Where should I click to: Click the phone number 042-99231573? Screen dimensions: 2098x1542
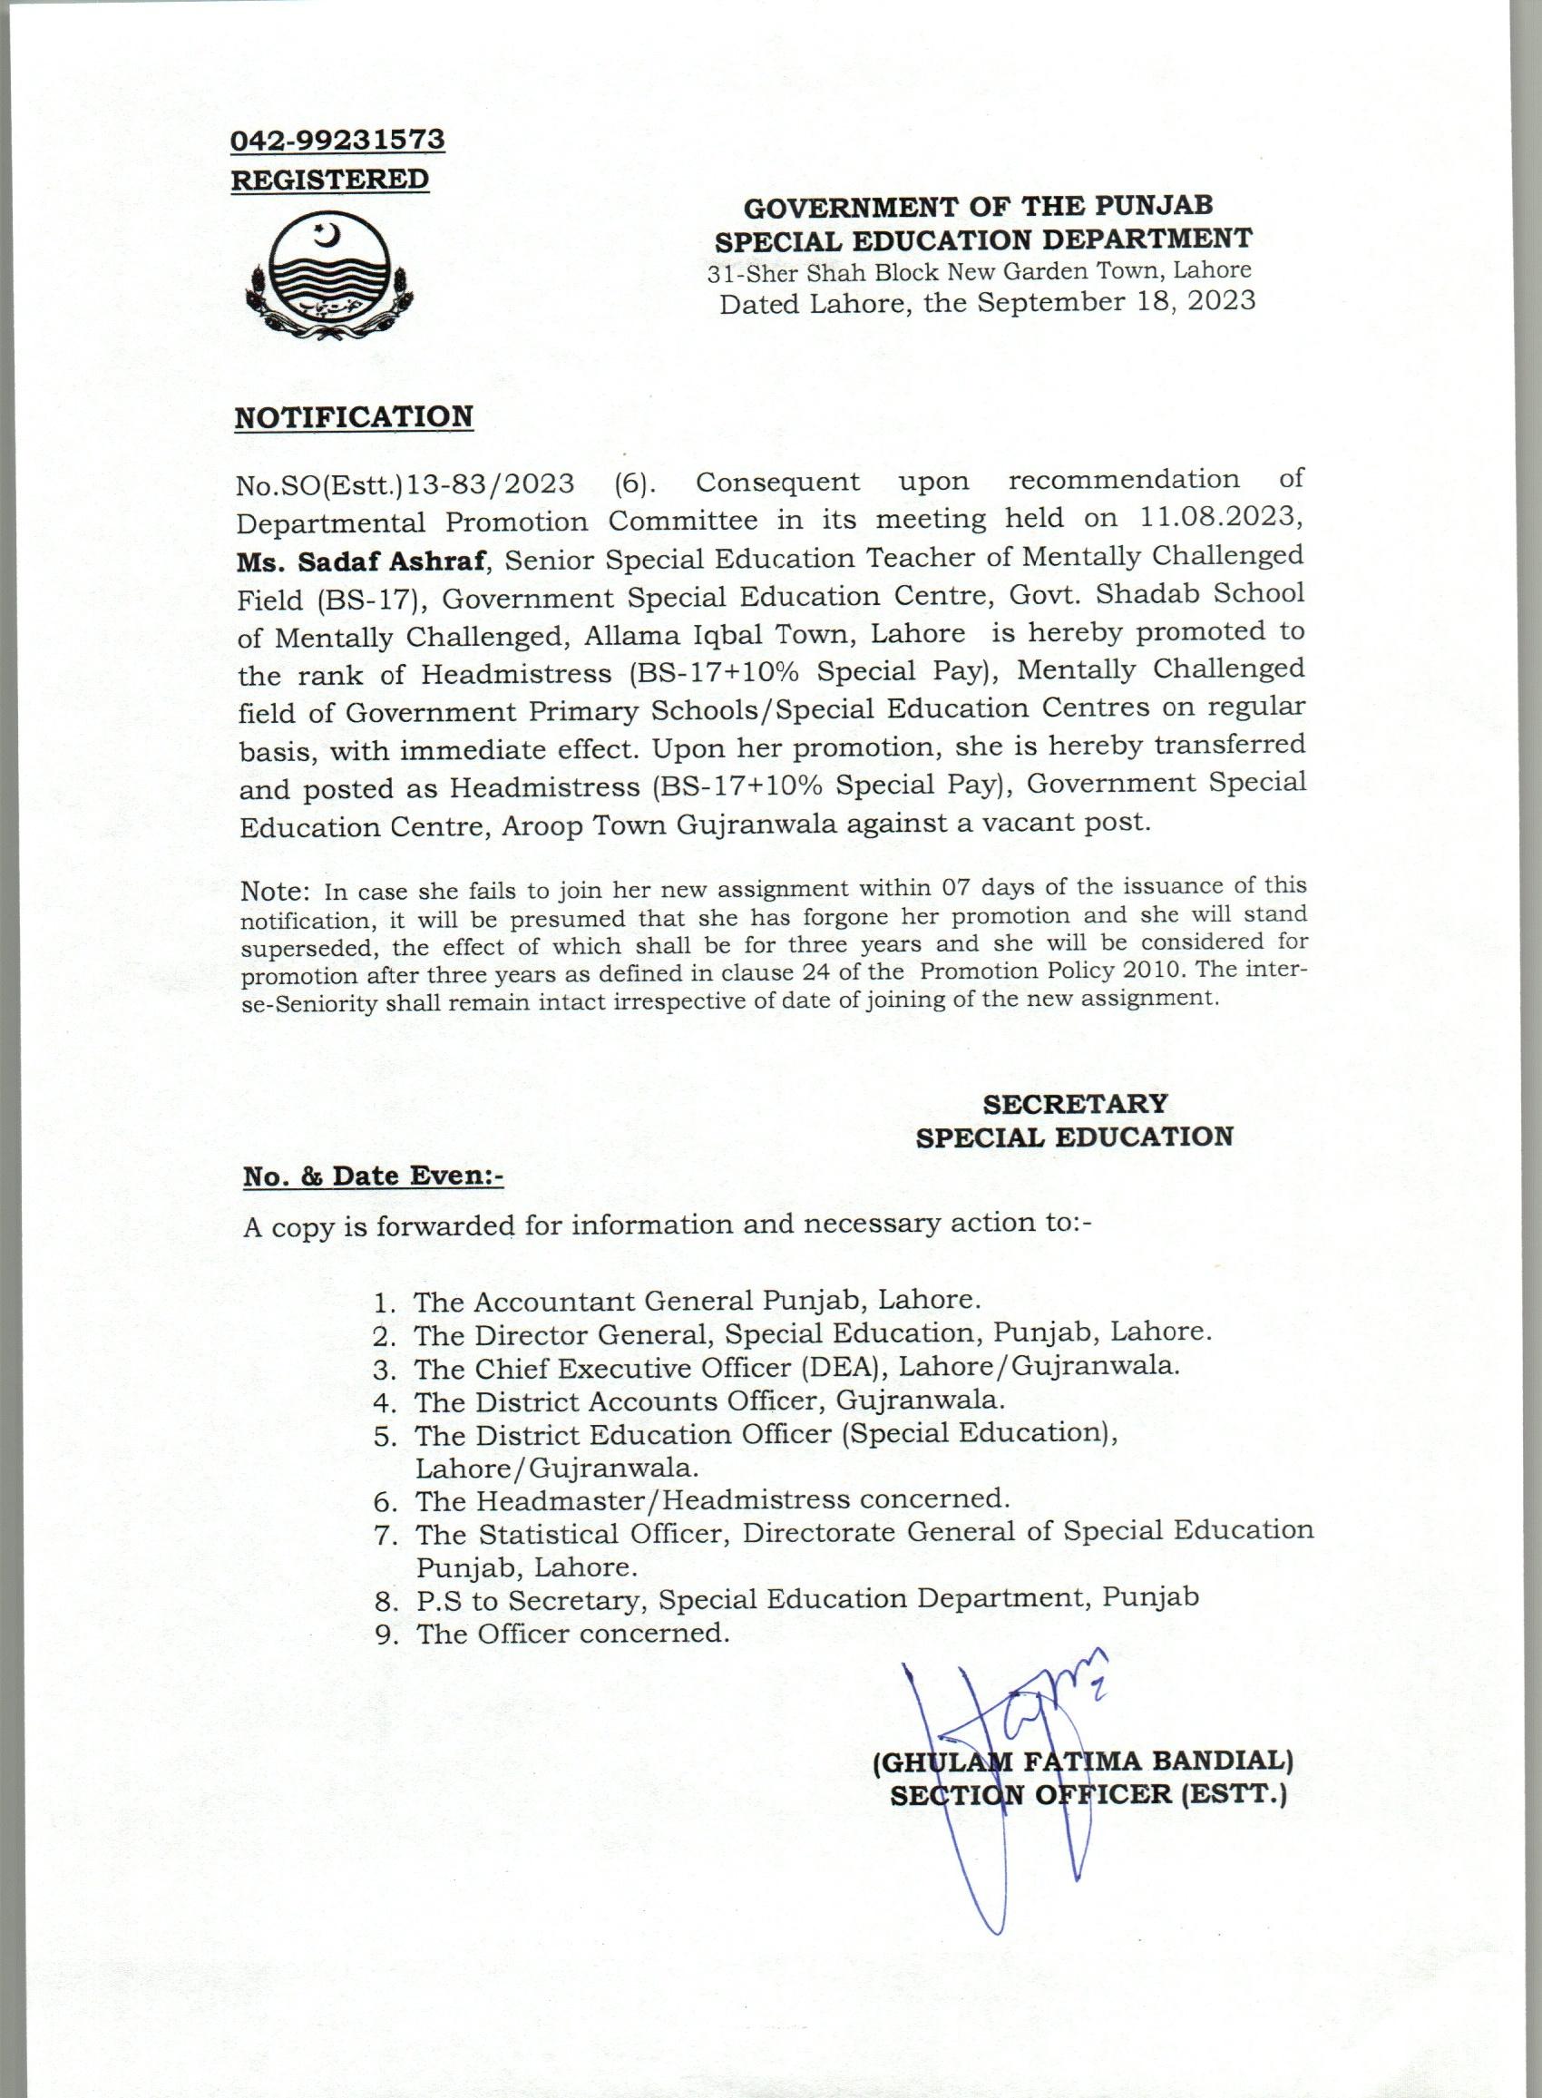(338, 139)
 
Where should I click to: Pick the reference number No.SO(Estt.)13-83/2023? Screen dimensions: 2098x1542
(405, 483)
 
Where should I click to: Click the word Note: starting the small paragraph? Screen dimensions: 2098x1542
(275, 891)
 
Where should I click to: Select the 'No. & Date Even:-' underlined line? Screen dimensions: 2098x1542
(373, 1176)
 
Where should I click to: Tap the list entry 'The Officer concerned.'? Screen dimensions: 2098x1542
(572, 1634)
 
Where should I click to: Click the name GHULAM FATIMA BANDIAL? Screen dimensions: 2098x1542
(1083, 1761)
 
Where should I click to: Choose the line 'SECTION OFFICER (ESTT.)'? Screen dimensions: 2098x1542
(1088, 1795)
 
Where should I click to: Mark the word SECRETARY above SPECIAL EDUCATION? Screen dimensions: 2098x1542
(1074, 1103)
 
